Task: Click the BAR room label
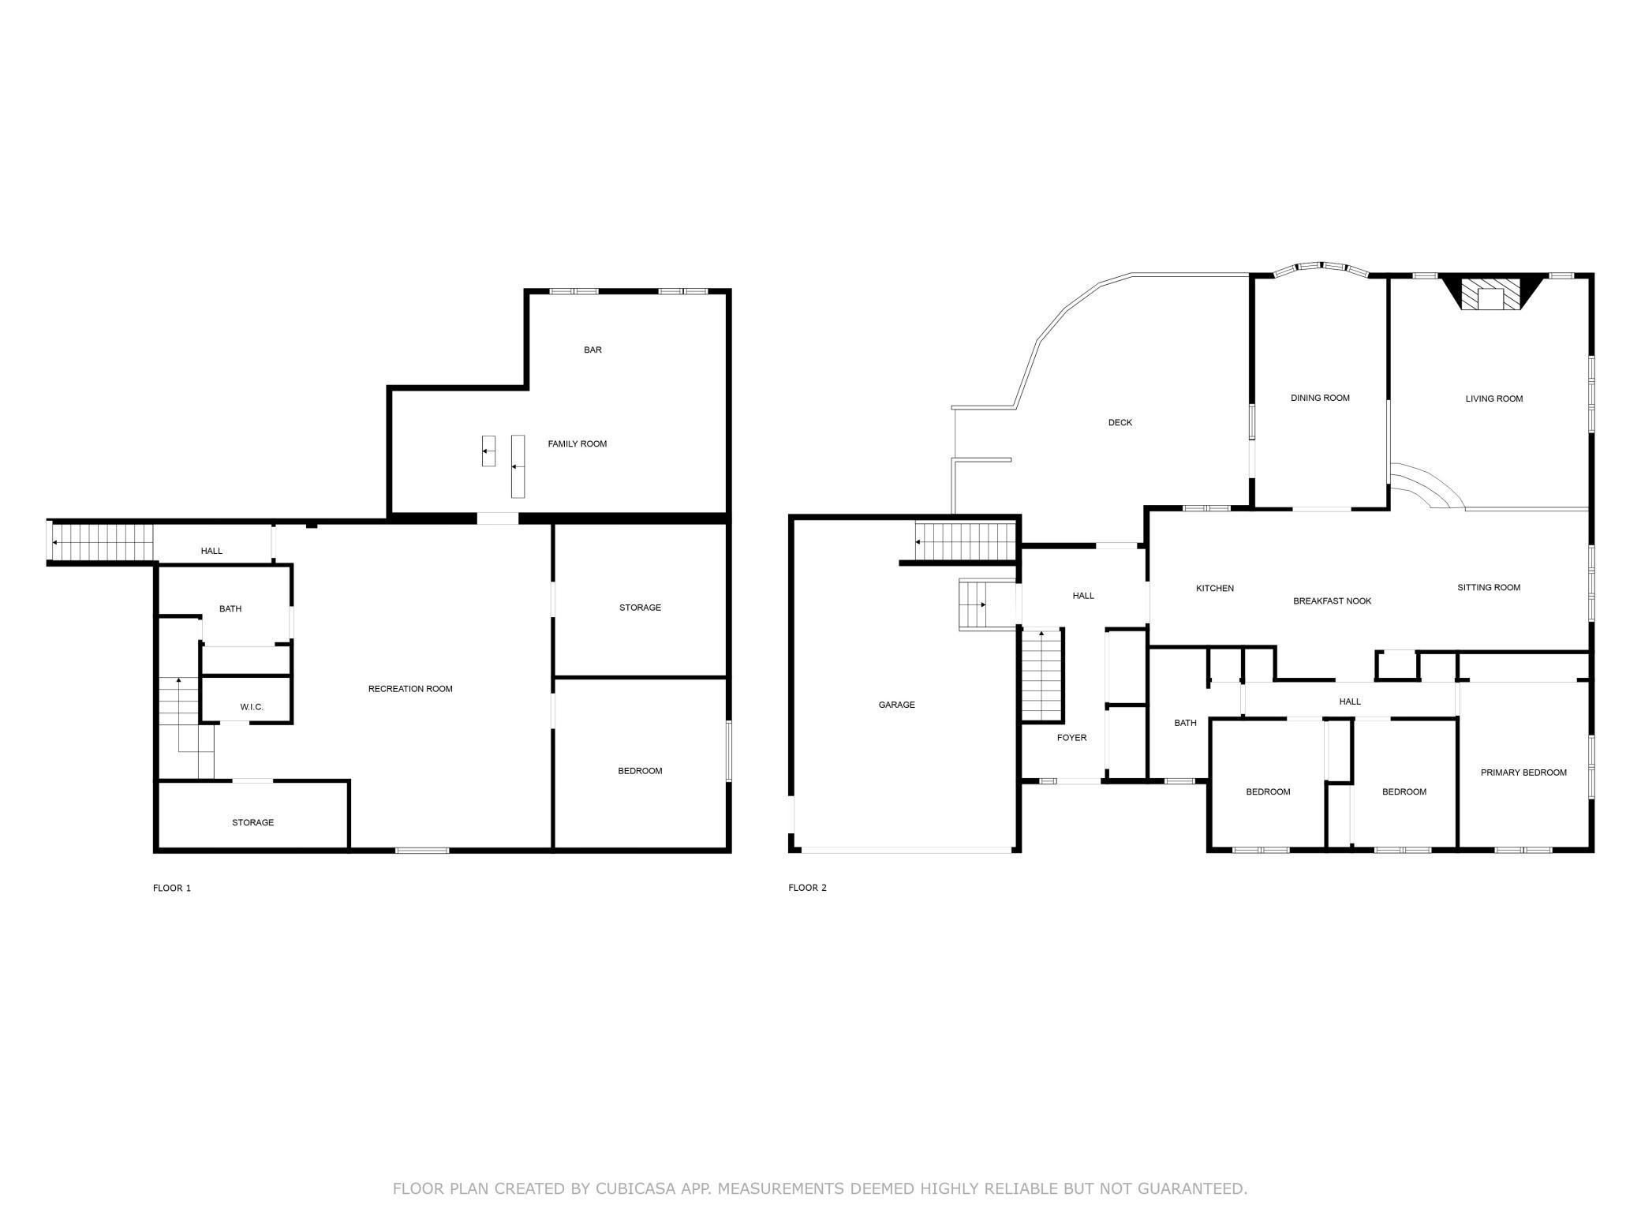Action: click(592, 350)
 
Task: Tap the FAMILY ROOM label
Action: click(577, 443)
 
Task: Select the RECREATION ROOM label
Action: click(410, 689)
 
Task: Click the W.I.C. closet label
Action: click(252, 707)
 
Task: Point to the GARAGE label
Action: click(896, 705)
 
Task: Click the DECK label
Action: click(1120, 422)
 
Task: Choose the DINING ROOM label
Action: click(1320, 398)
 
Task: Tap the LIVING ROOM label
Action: click(1493, 398)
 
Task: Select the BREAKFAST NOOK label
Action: click(1332, 601)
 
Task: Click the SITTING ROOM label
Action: click(1488, 587)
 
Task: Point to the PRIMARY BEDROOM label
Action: click(1523, 773)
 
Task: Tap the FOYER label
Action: click(1071, 738)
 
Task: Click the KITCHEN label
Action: click(1214, 588)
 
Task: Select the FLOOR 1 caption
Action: click(172, 888)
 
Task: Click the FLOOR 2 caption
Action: click(807, 888)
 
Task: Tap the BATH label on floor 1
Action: click(230, 608)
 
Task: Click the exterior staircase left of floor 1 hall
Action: click(101, 542)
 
